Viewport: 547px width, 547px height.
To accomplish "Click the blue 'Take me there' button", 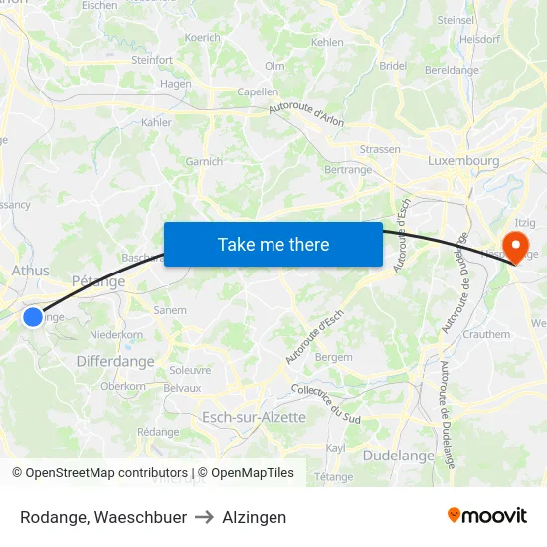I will point(273,244).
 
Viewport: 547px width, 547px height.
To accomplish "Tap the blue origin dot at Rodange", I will point(33,317).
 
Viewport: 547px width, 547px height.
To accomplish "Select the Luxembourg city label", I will point(463,160).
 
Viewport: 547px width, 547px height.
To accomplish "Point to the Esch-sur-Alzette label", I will point(254,417).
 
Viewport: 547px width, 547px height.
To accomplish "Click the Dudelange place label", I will point(399,456).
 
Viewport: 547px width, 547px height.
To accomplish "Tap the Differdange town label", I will point(115,362).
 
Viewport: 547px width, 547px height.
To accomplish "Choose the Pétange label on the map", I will point(98,281).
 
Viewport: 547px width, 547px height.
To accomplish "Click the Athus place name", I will point(30,270).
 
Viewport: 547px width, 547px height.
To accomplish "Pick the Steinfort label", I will point(152,60).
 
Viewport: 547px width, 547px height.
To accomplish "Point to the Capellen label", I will point(258,91).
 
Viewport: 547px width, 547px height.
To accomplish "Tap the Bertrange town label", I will point(348,170).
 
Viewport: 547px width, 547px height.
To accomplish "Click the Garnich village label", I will point(205,161).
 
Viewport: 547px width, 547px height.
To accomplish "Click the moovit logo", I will point(487,515).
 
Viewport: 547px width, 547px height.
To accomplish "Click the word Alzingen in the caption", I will point(255,517).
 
